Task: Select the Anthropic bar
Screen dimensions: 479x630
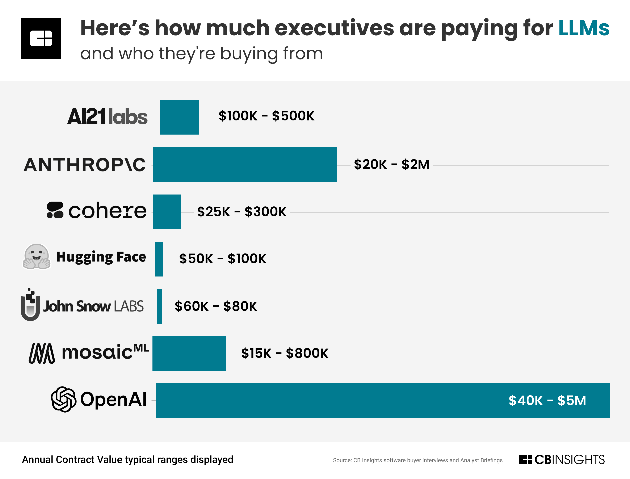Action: [x=245, y=165]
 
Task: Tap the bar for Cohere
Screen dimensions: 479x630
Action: [x=167, y=212]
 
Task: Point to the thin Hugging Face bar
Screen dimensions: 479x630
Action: [x=159, y=259]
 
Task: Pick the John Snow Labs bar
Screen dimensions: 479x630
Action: [x=159, y=306]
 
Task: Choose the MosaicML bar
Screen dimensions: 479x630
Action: [x=189, y=354]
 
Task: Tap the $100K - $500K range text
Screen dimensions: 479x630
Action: [x=266, y=116]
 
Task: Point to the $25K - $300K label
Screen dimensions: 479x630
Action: [x=241, y=212]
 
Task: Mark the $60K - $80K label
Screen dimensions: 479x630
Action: [x=216, y=306]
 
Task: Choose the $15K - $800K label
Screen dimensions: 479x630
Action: [x=285, y=354]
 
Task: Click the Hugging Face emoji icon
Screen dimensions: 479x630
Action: [x=37, y=257]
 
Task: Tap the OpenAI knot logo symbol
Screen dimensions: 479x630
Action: [x=63, y=400]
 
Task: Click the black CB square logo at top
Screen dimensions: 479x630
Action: [x=41, y=38]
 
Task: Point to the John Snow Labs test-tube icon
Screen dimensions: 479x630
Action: [x=30, y=305]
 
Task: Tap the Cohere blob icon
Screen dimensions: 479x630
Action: [x=55, y=210]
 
